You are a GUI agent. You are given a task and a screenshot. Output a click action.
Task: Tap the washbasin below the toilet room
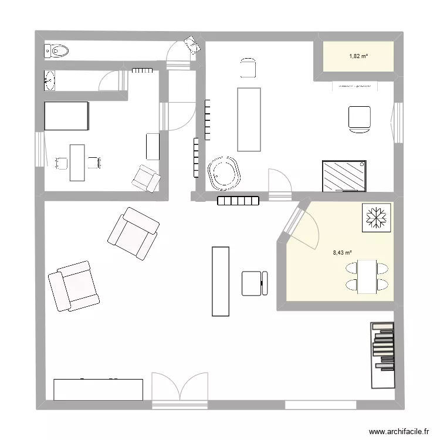[49, 80]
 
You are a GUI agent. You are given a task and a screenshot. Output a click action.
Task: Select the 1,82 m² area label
[358, 56]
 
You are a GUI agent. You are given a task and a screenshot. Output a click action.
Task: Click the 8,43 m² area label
[342, 253]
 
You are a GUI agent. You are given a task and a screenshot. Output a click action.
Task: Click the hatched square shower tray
[344, 175]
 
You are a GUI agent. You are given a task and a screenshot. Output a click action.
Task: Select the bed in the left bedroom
[66, 116]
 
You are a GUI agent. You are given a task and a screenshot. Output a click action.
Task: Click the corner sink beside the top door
[191, 44]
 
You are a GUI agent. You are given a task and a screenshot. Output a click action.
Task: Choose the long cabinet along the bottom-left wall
[98, 390]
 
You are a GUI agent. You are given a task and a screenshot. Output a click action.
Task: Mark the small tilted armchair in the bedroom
[145, 178]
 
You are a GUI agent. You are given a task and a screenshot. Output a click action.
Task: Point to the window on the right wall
[398, 123]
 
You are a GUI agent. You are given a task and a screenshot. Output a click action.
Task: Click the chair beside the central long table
[254, 283]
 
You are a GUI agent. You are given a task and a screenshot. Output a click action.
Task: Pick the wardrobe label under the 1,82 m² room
[354, 86]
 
